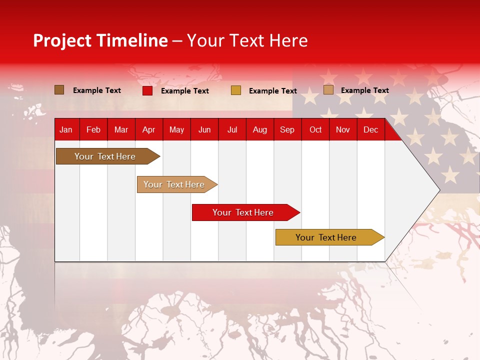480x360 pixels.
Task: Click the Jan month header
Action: point(66,130)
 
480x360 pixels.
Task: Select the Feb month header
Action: point(93,130)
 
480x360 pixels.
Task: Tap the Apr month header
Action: point(148,130)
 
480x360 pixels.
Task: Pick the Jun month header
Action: point(204,130)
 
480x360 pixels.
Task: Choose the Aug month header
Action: point(259,130)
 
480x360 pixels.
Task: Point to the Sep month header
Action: point(287,130)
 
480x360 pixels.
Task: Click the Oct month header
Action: point(315,130)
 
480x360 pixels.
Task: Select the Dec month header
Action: point(370,130)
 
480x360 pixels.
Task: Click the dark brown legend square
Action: point(59,90)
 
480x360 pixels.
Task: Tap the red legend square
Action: point(147,90)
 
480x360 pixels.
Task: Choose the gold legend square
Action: point(236,90)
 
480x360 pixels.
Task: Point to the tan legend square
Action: point(328,90)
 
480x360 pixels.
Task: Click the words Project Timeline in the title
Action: point(100,40)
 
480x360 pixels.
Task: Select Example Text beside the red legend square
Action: point(184,91)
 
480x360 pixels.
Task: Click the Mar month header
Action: point(121,130)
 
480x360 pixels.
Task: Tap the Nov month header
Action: point(342,130)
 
